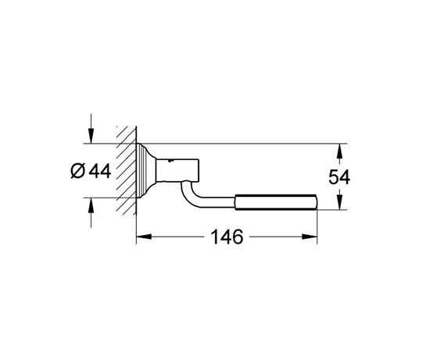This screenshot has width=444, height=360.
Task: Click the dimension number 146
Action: [227, 237]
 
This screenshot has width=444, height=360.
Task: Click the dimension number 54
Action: [339, 177]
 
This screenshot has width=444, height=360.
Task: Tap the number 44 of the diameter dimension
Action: [100, 171]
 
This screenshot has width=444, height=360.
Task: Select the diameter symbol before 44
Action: [78, 171]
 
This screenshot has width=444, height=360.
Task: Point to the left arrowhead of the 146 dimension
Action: [144, 237]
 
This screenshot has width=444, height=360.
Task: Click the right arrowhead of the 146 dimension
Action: [310, 237]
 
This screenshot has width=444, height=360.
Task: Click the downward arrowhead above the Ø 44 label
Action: [91, 137]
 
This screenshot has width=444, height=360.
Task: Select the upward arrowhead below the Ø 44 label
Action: [91, 205]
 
